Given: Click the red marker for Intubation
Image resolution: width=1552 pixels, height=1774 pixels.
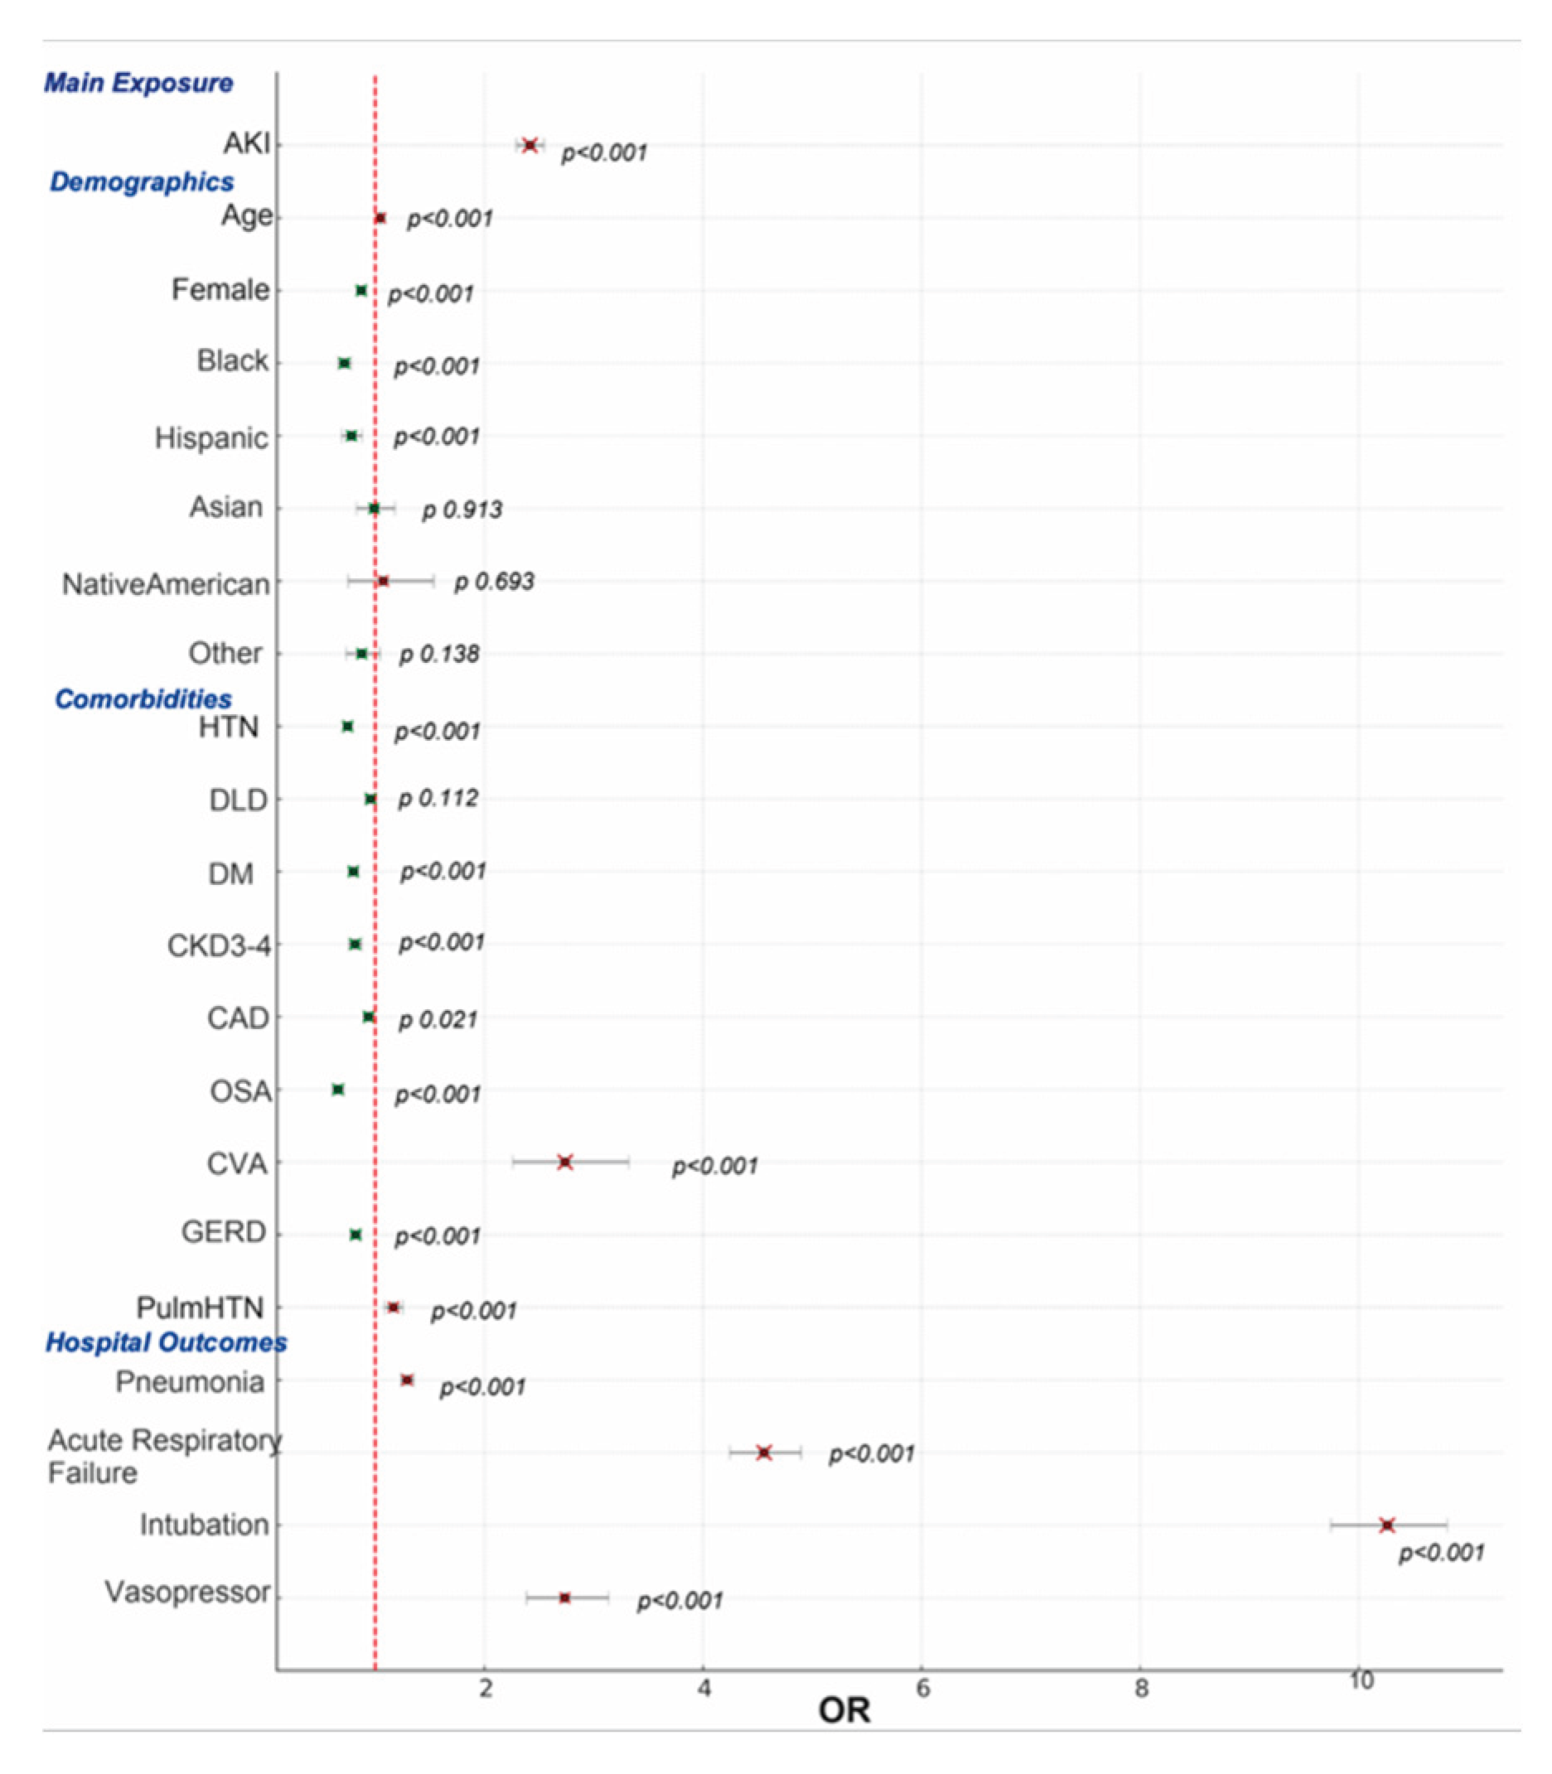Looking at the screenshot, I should point(1387,1525).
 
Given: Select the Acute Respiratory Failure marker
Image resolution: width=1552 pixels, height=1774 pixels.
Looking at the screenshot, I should point(764,1453).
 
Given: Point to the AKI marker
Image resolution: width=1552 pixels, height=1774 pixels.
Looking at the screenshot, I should point(530,145).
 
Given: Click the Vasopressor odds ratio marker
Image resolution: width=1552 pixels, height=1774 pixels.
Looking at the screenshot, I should point(564,1598).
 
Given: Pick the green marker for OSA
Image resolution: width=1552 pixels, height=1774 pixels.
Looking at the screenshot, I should point(339,1090).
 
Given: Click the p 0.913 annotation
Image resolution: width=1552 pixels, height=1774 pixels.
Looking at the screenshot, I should point(462,510).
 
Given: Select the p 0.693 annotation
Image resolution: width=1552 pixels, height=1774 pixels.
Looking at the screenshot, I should point(494,581).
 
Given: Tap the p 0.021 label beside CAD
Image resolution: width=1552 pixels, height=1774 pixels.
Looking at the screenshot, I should point(438,1020).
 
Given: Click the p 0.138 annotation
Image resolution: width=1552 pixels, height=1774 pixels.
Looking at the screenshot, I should point(439,654).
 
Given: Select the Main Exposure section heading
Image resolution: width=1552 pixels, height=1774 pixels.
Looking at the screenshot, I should point(138,83).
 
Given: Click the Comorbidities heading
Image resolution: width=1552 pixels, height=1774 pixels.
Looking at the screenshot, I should point(143,699).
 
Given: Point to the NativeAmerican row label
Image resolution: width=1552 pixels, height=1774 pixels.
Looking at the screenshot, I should point(166,585).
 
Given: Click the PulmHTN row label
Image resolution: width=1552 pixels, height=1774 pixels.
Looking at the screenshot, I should point(200,1308).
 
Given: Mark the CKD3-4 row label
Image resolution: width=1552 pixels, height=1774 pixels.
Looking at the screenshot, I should point(218,946).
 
